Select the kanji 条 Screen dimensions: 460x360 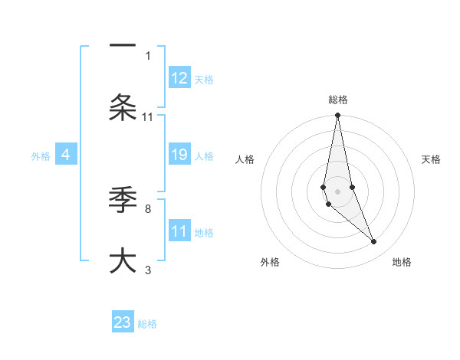coord(123,107)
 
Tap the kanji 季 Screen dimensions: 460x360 coord(123,201)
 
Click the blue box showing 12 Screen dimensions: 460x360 coord(179,78)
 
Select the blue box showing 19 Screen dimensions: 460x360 coord(179,155)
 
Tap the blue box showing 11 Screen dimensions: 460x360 coord(179,231)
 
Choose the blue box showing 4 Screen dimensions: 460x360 coord(66,155)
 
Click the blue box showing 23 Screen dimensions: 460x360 coord(123,322)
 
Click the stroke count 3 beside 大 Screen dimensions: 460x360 coord(148,270)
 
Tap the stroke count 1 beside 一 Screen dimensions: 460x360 coord(148,55)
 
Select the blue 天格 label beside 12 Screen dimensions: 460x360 coord(204,79)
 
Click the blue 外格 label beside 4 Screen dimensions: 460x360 coord(41,156)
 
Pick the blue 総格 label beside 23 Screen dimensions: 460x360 coord(147,324)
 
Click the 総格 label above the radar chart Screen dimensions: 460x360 coord(338,100)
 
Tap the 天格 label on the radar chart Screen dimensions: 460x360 coord(431,159)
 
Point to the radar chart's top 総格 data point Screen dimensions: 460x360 coord(337,116)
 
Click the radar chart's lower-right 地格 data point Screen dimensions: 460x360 coord(374,242)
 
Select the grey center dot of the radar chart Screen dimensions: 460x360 coord(337,191)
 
